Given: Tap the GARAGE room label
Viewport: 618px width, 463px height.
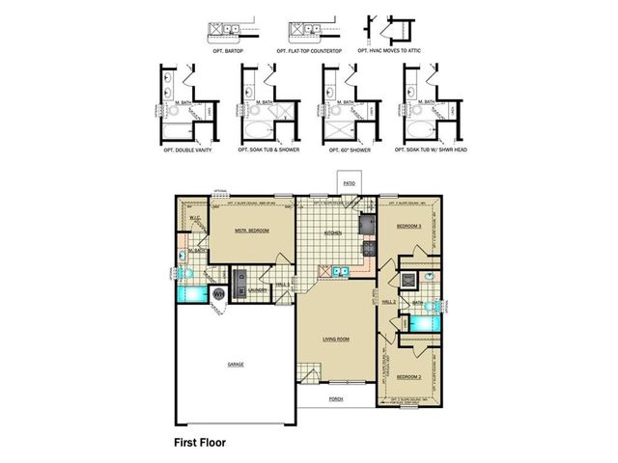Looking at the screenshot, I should (235, 364).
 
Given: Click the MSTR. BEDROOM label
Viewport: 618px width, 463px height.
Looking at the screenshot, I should (251, 231).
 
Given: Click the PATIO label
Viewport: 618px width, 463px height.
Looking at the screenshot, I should (348, 180).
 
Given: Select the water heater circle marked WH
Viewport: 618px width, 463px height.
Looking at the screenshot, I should (217, 292).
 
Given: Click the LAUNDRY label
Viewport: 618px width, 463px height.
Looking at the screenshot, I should (257, 289).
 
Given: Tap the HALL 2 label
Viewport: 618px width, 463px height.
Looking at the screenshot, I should (389, 302).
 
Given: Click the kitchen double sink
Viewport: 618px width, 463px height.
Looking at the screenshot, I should (339, 273).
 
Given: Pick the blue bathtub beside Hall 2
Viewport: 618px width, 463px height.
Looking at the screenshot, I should (422, 321).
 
